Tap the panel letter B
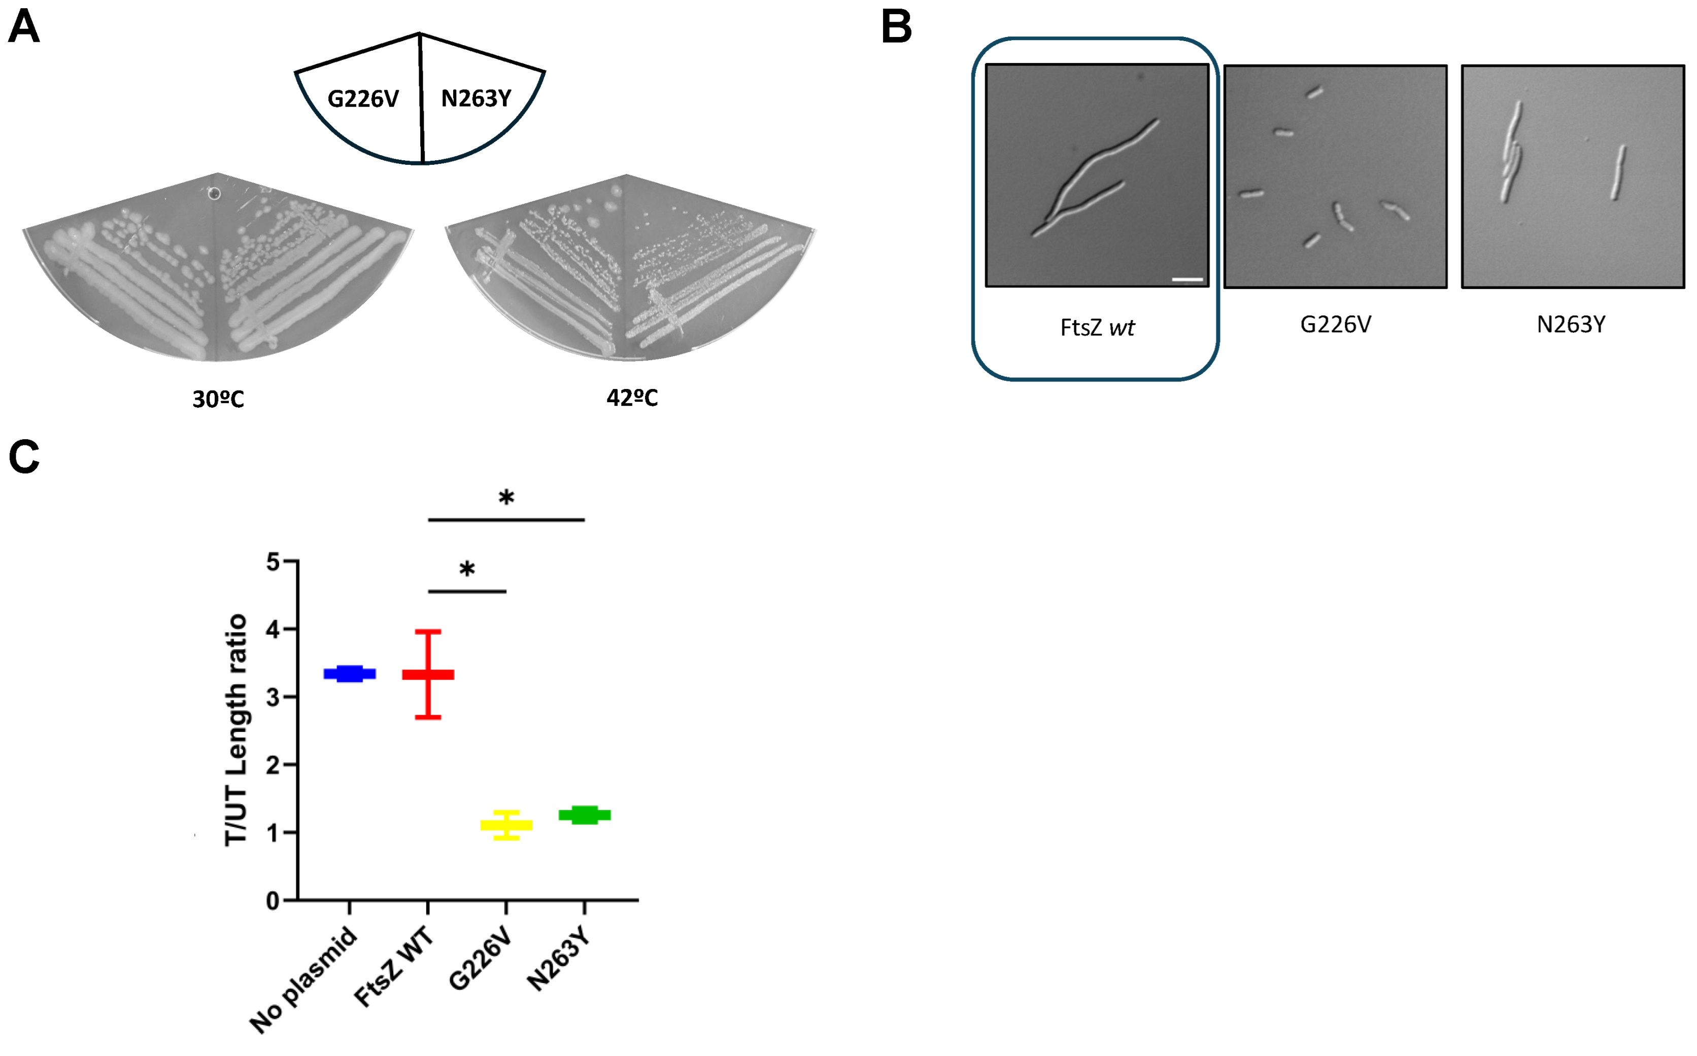(896, 28)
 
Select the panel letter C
(24, 457)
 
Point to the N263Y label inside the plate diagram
(477, 98)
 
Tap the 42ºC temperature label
(632, 398)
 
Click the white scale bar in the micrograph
(1187, 279)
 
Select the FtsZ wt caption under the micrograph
(1097, 328)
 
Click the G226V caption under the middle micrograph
(1335, 325)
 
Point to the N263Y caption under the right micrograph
(1571, 325)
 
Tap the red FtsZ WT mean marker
(428, 675)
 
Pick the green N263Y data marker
(584, 815)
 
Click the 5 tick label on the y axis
(273, 562)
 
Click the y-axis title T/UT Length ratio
(236, 730)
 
